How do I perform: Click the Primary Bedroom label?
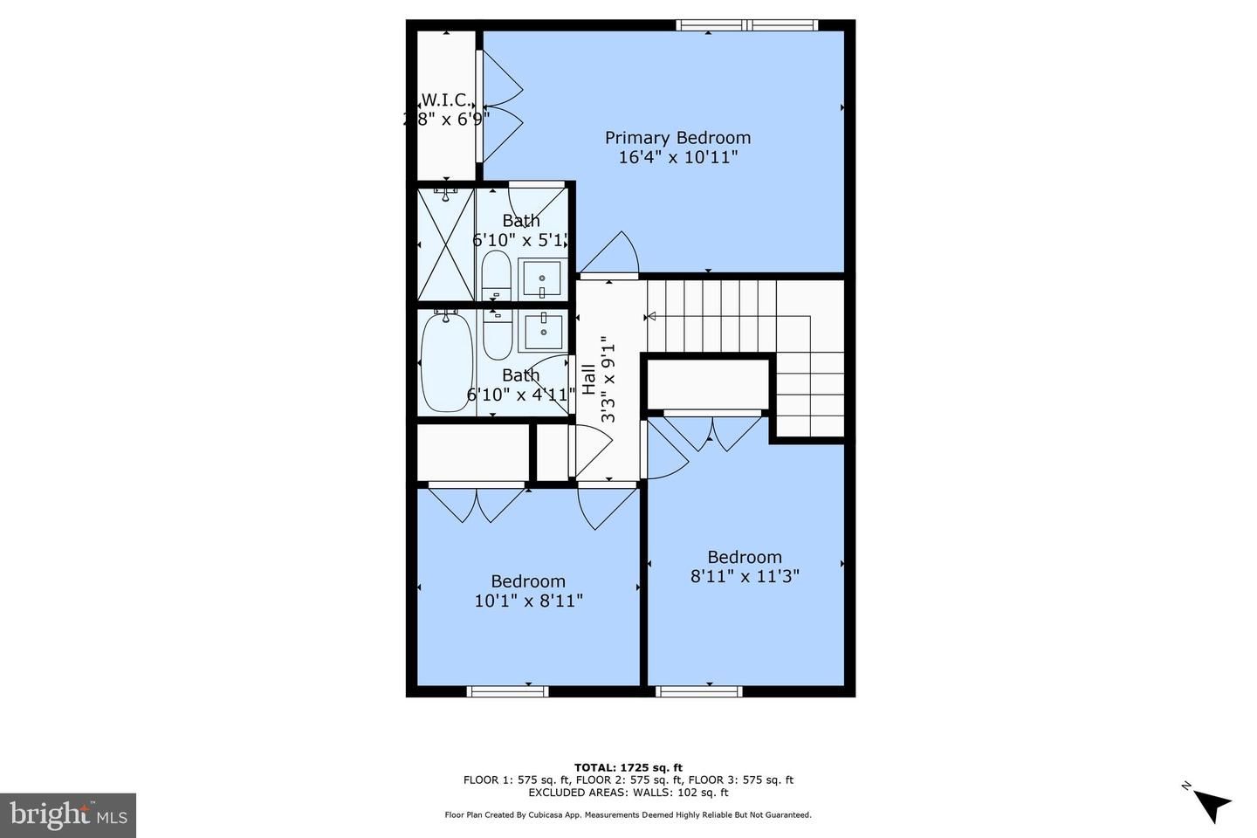click(x=677, y=138)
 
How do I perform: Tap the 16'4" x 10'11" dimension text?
click(x=677, y=158)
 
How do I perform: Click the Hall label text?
click(x=589, y=380)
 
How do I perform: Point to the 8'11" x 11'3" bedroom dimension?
click(x=745, y=576)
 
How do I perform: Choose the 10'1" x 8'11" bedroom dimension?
click(x=528, y=601)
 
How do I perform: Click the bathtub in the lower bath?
click(x=446, y=361)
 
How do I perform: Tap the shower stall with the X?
click(x=446, y=244)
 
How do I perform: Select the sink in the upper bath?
click(x=540, y=280)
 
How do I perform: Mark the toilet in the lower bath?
click(x=497, y=334)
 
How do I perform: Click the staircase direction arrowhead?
click(x=650, y=316)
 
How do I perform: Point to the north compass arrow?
click(x=1212, y=803)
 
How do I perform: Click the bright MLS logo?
click(x=67, y=815)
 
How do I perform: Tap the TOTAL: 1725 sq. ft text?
click(x=628, y=768)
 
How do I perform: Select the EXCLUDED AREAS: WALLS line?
click(x=628, y=793)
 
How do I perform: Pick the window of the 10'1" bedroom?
click(x=507, y=691)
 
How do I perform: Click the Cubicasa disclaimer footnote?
click(x=628, y=815)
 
